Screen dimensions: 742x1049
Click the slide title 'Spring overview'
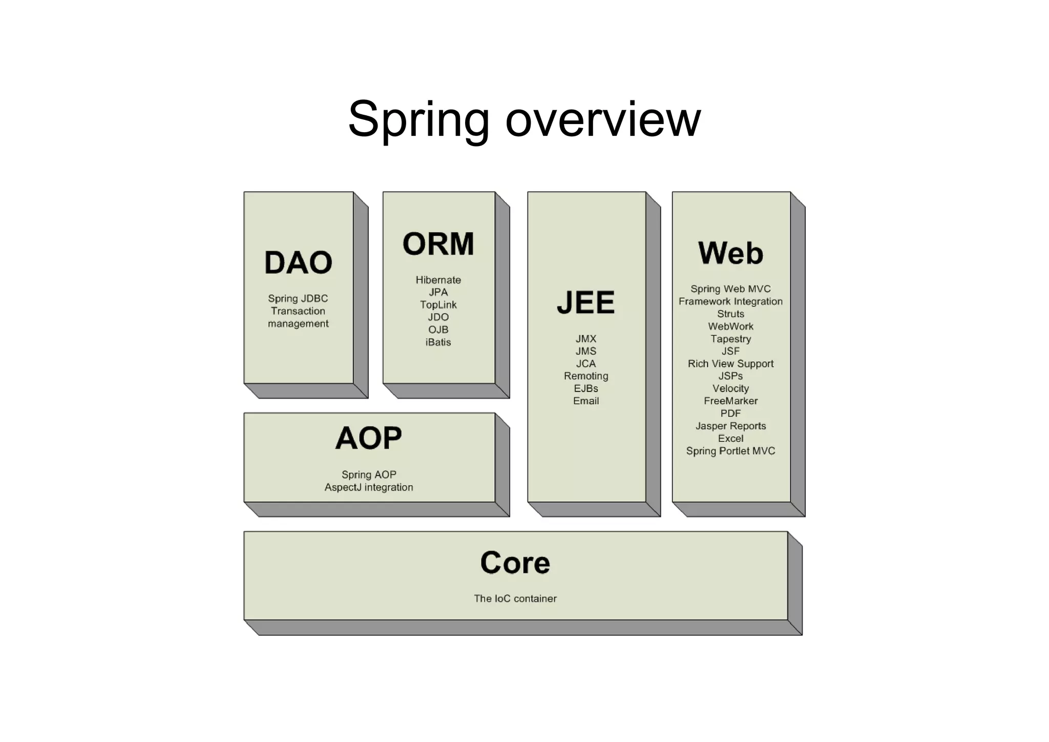tap(524, 119)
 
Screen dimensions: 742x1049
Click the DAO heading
tap(298, 262)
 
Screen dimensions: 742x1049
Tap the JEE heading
tap(585, 302)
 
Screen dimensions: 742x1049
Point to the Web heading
tap(730, 253)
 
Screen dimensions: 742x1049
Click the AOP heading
tap(368, 438)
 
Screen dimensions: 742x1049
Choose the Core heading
tap(515, 563)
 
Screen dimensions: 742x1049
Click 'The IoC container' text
tap(515, 599)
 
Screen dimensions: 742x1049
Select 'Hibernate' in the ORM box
tap(438, 280)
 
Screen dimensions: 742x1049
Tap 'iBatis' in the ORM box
tap(438, 342)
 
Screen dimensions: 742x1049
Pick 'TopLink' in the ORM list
tap(438, 305)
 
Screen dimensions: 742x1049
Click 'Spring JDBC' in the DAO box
tap(298, 298)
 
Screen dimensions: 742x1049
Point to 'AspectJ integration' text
tap(368, 487)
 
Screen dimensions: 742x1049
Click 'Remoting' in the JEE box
tap(586, 376)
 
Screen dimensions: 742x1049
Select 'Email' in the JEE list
tap(586, 401)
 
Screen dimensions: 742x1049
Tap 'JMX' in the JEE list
tap(586, 339)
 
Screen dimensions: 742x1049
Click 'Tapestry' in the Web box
tap(730, 339)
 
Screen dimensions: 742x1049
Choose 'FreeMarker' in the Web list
tap(730, 401)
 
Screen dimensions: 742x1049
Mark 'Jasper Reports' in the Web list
tap(730, 426)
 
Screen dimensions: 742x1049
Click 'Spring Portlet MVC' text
tap(730, 451)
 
